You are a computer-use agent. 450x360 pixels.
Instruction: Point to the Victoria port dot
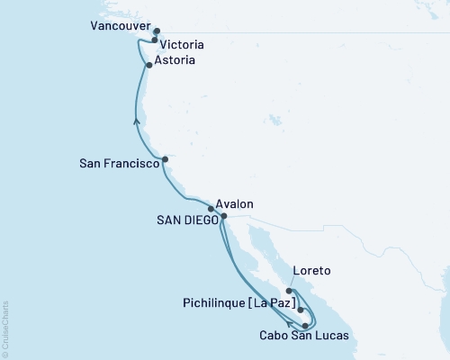click(x=155, y=40)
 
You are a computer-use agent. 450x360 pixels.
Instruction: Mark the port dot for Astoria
click(x=148, y=65)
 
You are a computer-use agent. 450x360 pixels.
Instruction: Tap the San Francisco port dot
click(x=165, y=159)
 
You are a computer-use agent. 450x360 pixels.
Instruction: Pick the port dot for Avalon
click(x=211, y=209)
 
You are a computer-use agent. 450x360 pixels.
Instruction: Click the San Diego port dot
click(x=224, y=216)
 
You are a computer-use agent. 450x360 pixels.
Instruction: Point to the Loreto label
click(x=312, y=271)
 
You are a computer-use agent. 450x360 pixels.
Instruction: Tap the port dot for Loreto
click(x=289, y=291)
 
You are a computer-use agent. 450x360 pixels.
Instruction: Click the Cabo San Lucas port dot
click(x=306, y=325)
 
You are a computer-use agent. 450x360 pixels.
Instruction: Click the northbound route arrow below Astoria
click(x=137, y=120)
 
